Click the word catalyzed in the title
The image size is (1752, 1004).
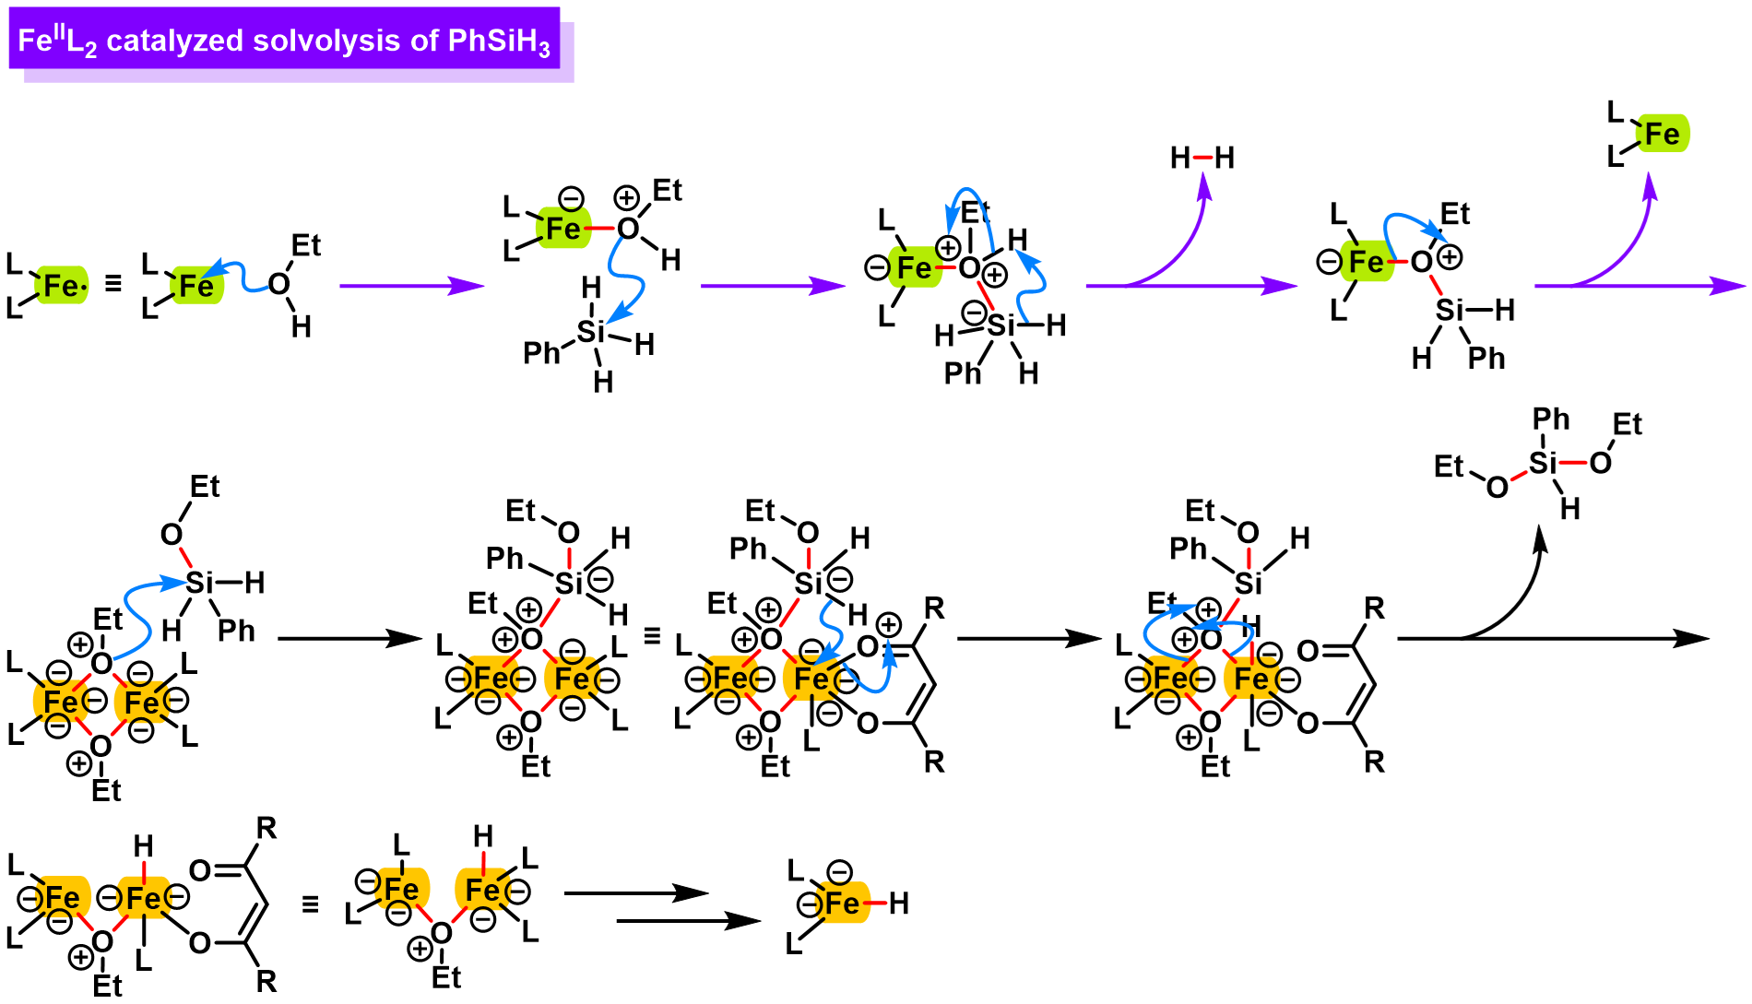click(174, 41)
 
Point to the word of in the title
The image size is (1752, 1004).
click(425, 41)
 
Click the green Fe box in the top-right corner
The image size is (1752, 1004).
click(1663, 134)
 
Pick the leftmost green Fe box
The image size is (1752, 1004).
click(62, 286)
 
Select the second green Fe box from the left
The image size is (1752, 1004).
click(196, 286)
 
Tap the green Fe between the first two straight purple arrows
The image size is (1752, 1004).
click(563, 229)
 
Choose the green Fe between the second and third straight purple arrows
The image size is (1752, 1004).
click(915, 267)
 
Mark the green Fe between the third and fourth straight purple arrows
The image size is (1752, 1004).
click(1367, 262)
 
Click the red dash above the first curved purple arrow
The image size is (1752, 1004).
click(1203, 158)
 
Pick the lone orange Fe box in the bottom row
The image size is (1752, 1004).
click(842, 903)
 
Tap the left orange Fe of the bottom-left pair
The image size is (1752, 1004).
click(63, 897)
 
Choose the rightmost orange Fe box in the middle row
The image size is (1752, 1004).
click(1251, 679)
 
